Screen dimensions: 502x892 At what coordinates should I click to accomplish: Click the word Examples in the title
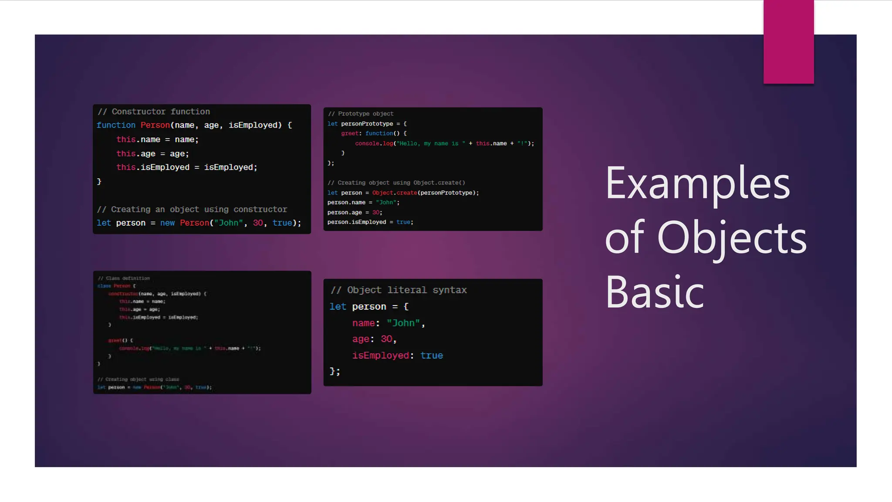point(697,183)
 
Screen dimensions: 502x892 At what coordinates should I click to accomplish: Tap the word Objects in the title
point(732,238)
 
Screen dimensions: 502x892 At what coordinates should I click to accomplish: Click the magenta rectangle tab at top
point(788,42)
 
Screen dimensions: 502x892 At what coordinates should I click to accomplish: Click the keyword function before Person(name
point(116,125)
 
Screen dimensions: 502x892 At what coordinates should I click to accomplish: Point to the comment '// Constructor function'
point(153,112)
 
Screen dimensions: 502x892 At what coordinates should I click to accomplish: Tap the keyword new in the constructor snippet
point(167,223)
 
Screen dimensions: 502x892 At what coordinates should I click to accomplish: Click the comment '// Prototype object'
point(361,114)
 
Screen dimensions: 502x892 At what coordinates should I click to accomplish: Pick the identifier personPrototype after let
point(367,124)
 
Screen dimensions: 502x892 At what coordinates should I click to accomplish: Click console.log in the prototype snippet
point(374,143)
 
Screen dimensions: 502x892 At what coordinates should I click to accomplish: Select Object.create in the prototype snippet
point(394,193)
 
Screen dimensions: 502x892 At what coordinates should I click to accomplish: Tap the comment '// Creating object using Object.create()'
point(396,183)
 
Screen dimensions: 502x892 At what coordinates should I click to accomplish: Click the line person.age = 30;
point(355,212)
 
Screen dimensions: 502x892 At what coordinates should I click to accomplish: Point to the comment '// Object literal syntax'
point(398,290)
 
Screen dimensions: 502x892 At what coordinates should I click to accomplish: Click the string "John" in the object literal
point(403,323)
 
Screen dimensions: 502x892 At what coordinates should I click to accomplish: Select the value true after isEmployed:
point(431,356)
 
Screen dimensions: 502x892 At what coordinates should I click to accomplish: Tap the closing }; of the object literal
point(334,371)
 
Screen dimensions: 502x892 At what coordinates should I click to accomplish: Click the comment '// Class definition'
point(124,278)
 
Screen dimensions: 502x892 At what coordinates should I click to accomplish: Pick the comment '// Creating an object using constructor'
point(192,210)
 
